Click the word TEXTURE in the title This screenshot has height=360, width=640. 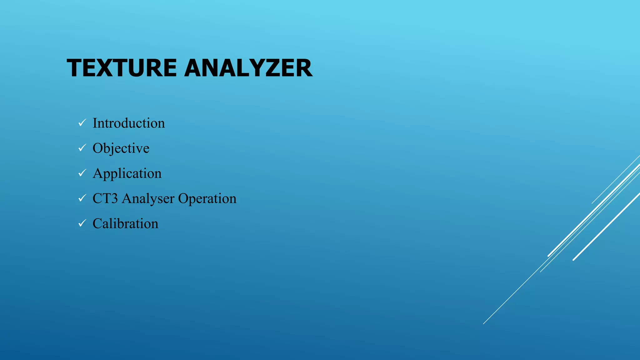point(122,68)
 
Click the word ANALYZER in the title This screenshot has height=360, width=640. point(248,68)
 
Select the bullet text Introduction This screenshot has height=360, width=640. point(129,123)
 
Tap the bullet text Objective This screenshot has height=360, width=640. point(121,148)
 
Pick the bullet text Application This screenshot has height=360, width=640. point(127,173)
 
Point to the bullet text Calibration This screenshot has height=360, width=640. point(125,224)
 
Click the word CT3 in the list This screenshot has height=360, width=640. point(105,199)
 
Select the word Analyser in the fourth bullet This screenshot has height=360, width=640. point(148,199)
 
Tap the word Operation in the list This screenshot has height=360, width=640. point(207,199)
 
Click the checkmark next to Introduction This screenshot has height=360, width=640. point(82,123)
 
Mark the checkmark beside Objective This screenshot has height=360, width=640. point(82,148)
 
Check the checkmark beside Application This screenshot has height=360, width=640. point(82,173)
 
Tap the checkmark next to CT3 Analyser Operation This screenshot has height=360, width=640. point(82,198)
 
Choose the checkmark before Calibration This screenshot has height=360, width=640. point(82,223)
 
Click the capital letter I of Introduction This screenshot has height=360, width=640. point(95,123)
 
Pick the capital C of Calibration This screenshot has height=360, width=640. point(98,224)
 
